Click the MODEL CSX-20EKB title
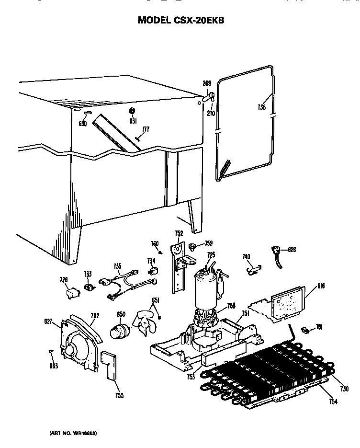[x=181, y=20]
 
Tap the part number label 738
[x=261, y=108]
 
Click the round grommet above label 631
[x=132, y=111]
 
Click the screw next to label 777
[x=137, y=138]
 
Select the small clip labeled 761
[x=304, y=330]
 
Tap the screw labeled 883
[x=51, y=353]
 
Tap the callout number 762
[x=94, y=315]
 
